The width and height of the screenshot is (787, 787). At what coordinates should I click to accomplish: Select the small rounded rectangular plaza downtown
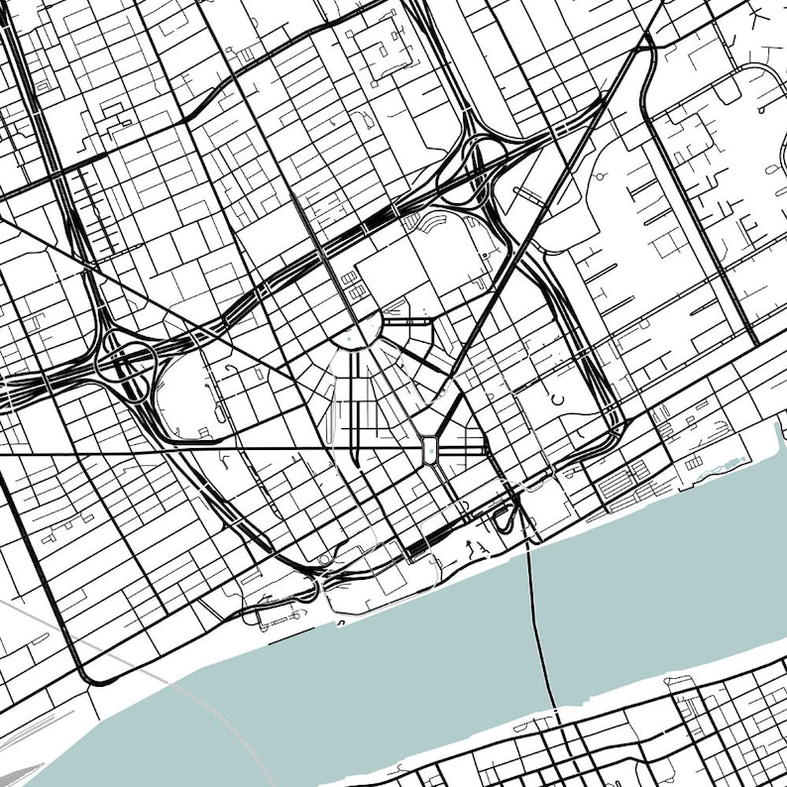tap(430, 448)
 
